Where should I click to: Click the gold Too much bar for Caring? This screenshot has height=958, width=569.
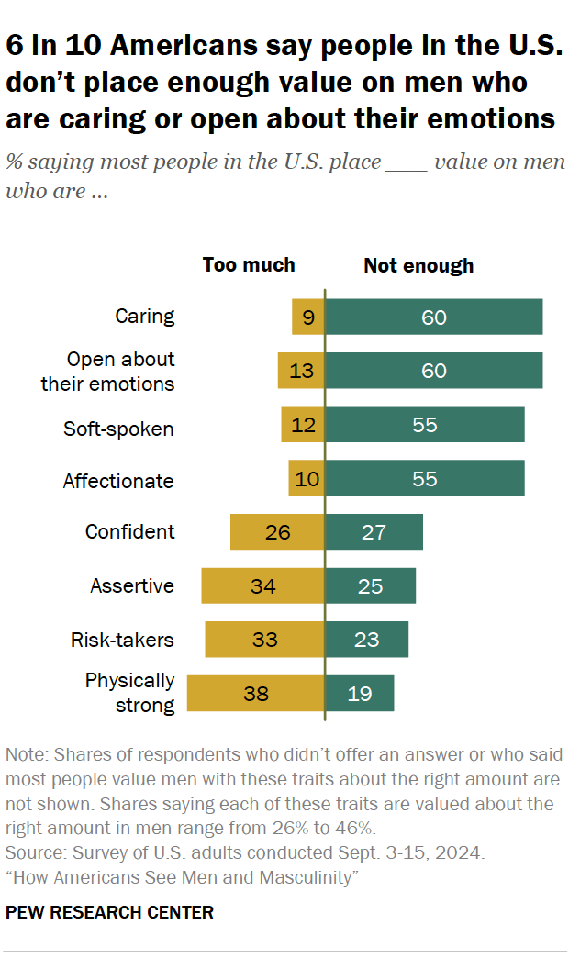(307, 317)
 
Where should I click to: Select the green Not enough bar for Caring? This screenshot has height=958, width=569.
(433, 317)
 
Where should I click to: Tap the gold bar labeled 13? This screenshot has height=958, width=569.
(301, 371)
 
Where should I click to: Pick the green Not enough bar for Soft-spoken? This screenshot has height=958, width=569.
(424, 425)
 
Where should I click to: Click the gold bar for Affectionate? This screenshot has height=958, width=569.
(307, 478)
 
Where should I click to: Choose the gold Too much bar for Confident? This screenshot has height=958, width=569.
(277, 531)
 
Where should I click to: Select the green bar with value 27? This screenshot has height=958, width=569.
(374, 531)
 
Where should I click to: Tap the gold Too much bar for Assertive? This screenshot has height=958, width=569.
(262, 585)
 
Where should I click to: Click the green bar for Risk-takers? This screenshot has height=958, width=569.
(366, 639)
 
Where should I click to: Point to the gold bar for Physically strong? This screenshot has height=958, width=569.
(255, 693)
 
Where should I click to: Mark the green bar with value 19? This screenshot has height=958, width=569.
(359, 693)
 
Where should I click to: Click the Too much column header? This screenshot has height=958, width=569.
(249, 265)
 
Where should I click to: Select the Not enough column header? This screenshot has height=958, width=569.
(418, 266)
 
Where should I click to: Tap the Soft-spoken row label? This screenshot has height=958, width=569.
(118, 428)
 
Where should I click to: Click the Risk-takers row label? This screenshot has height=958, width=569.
(122, 640)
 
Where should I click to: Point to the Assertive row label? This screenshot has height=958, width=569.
(132, 585)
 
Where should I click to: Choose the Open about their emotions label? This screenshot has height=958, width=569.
(107, 372)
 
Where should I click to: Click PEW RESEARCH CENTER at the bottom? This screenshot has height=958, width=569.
(109, 912)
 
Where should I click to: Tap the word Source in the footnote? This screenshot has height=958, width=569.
(28, 852)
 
